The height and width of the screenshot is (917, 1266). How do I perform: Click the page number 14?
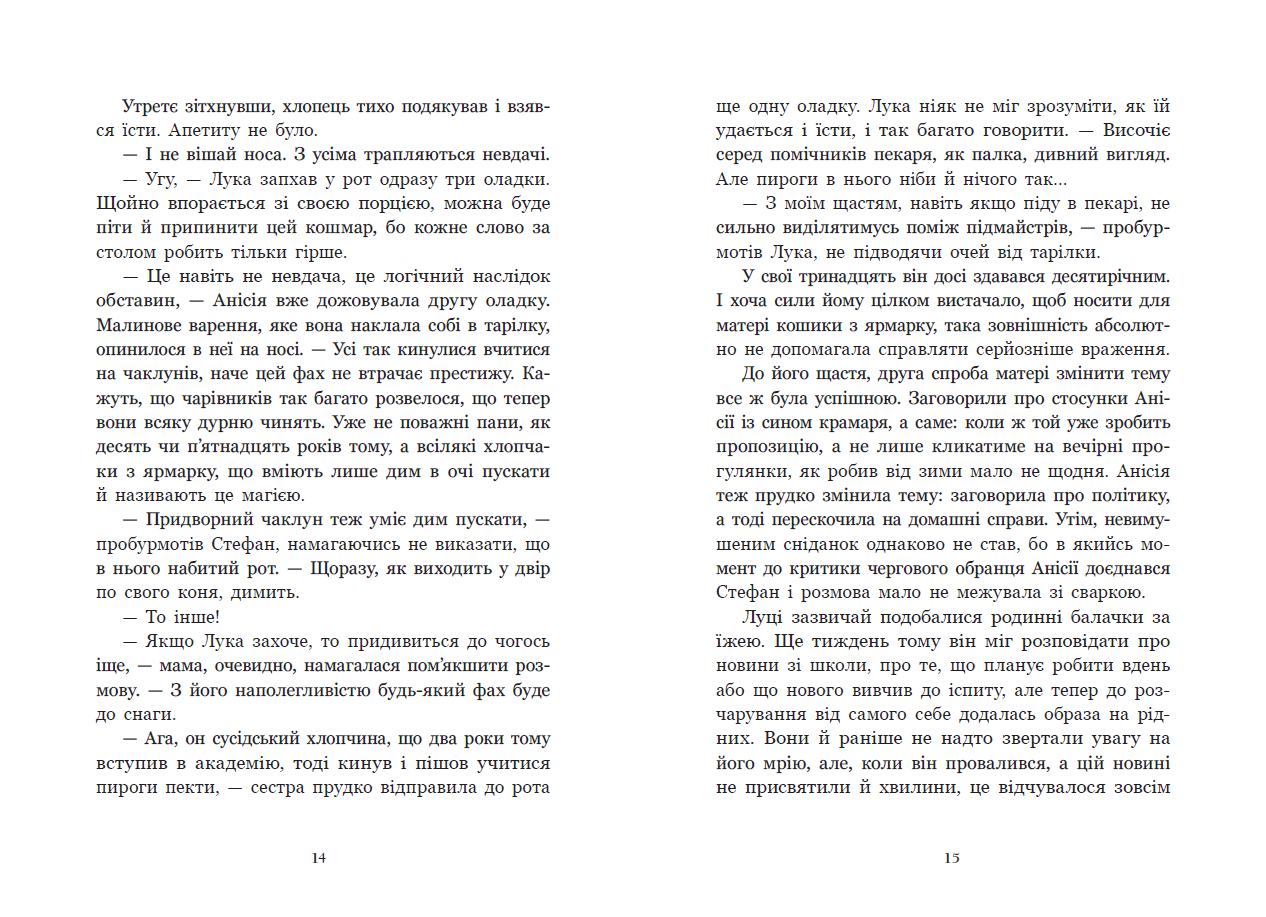click(x=319, y=858)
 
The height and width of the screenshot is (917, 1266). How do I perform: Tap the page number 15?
click(x=951, y=858)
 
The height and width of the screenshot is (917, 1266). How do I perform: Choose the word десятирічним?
click(x=1094, y=276)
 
